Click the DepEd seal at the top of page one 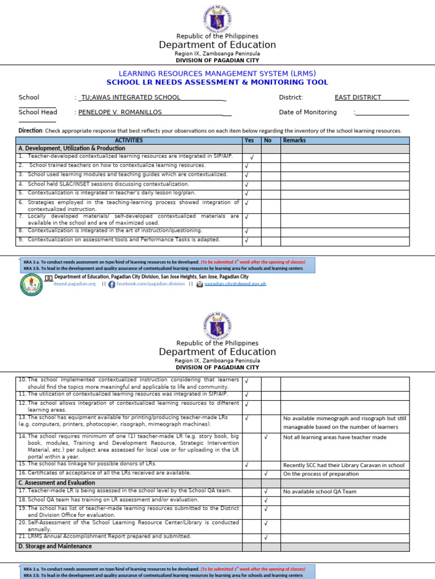[217, 18]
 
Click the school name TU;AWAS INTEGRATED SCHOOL [131, 97]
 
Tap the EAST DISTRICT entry [357, 97]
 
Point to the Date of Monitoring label [308, 112]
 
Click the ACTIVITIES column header [129, 140]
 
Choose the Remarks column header [294, 140]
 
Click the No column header [268, 140]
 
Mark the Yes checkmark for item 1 [251, 158]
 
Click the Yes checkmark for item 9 [246, 240]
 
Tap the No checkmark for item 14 [266, 437]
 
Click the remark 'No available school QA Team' [319, 491]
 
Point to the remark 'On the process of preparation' [321, 474]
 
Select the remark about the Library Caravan [343, 465]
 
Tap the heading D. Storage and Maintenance [56, 546]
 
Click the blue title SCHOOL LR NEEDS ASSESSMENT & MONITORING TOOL [217, 83]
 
